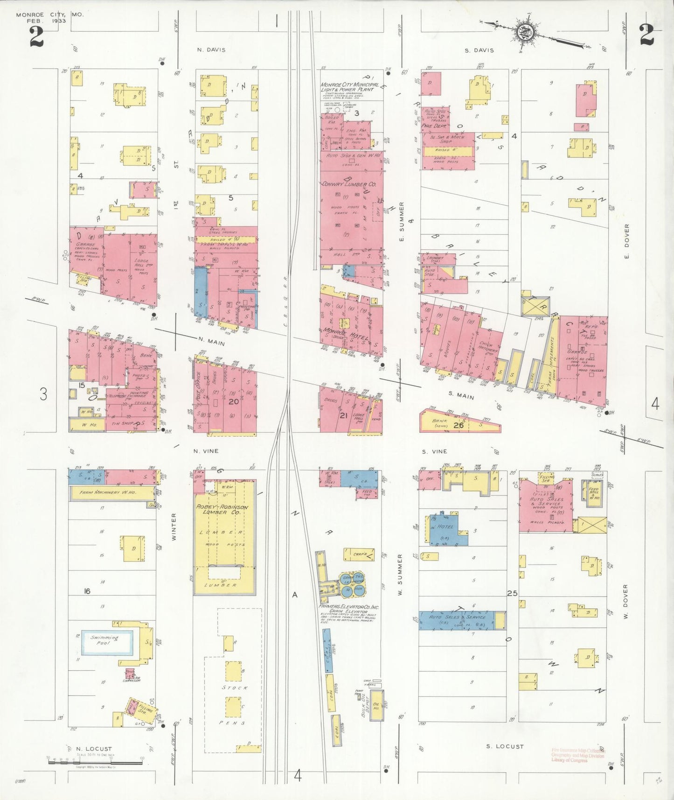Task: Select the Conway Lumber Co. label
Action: (349, 184)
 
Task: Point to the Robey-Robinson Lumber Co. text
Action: (222, 509)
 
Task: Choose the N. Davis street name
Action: (211, 50)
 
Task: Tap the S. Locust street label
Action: (505, 746)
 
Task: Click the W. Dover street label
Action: (626, 602)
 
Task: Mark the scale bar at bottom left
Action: (96, 763)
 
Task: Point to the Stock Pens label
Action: (235, 705)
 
